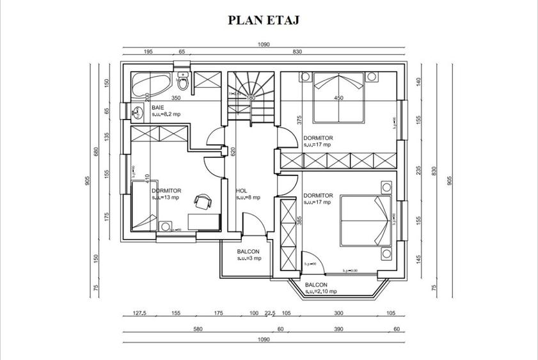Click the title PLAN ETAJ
coord(264,20)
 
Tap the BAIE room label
coord(158,108)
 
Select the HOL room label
coord(241,191)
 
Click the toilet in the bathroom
coord(183,81)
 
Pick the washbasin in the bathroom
coord(136,113)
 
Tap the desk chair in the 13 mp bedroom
coord(203,201)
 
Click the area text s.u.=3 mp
coord(249,258)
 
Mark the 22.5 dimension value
coord(270,313)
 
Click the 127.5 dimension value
coord(139,313)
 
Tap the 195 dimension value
coord(148,51)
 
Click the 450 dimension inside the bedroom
coord(339,98)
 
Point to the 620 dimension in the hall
coord(234,152)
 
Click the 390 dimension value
coord(338,329)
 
